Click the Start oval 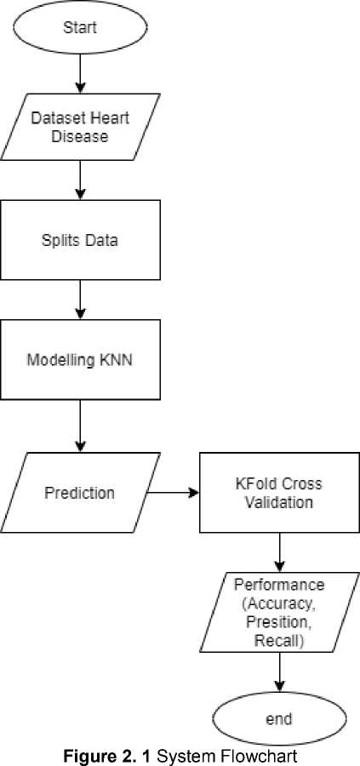click(x=80, y=27)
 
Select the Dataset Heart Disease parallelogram click(x=80, y=127)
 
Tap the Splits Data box click(x=80, y=240)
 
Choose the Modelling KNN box click(x=80, y=360)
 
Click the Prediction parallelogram click(x=80, y=493)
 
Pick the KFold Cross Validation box click(x=280, y=493)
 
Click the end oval click(x=280, y=718)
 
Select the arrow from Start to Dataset click(x=80, y=73)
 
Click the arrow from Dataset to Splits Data click(x=80, y=180)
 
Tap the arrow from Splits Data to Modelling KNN click(x=80, y=300)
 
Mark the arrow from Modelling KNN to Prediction click(x=80, y=426)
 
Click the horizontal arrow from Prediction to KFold click(x=173, y=493)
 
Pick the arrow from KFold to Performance click(x=280, y=552)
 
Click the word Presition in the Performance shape click(x=279, y=622)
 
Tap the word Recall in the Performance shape click(x=279, y=641)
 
